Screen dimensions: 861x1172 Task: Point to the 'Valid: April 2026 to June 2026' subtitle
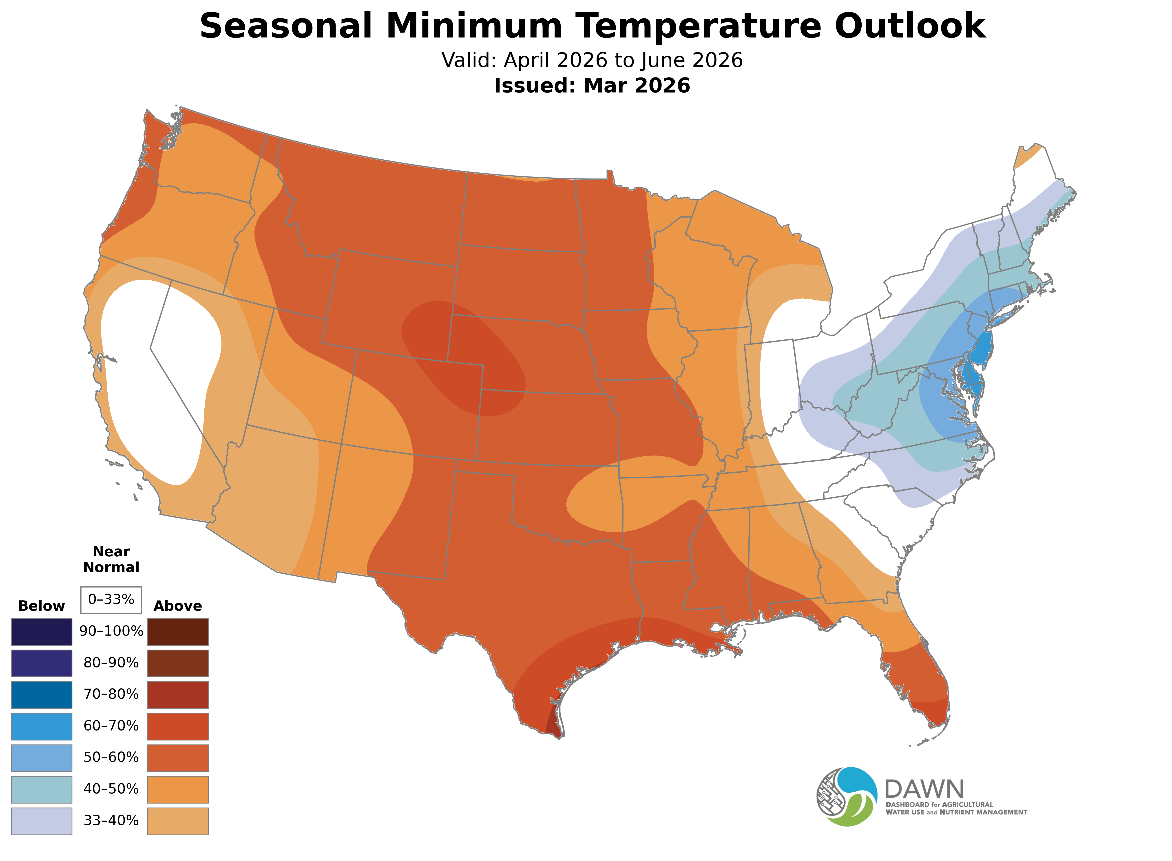pos(592,60)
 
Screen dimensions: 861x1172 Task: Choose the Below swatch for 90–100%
pos(42,632)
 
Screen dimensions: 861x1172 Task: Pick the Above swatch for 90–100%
pos(178,632)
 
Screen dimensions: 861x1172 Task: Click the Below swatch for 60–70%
pos(42,726)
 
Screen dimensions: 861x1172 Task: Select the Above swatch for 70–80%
pos(178,695)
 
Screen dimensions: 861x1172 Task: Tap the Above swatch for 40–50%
pos(178,789)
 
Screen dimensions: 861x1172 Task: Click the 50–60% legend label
pos(111,757)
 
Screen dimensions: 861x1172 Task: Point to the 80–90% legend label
pos(111,663)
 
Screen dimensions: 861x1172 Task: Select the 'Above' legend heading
pos(178,606)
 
